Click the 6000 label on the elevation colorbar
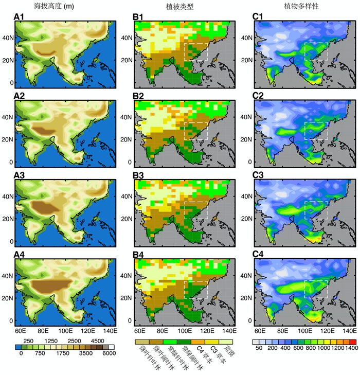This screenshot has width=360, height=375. click(x=107, y=353)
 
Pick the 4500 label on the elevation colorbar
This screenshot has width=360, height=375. click(x=97, y=342)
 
